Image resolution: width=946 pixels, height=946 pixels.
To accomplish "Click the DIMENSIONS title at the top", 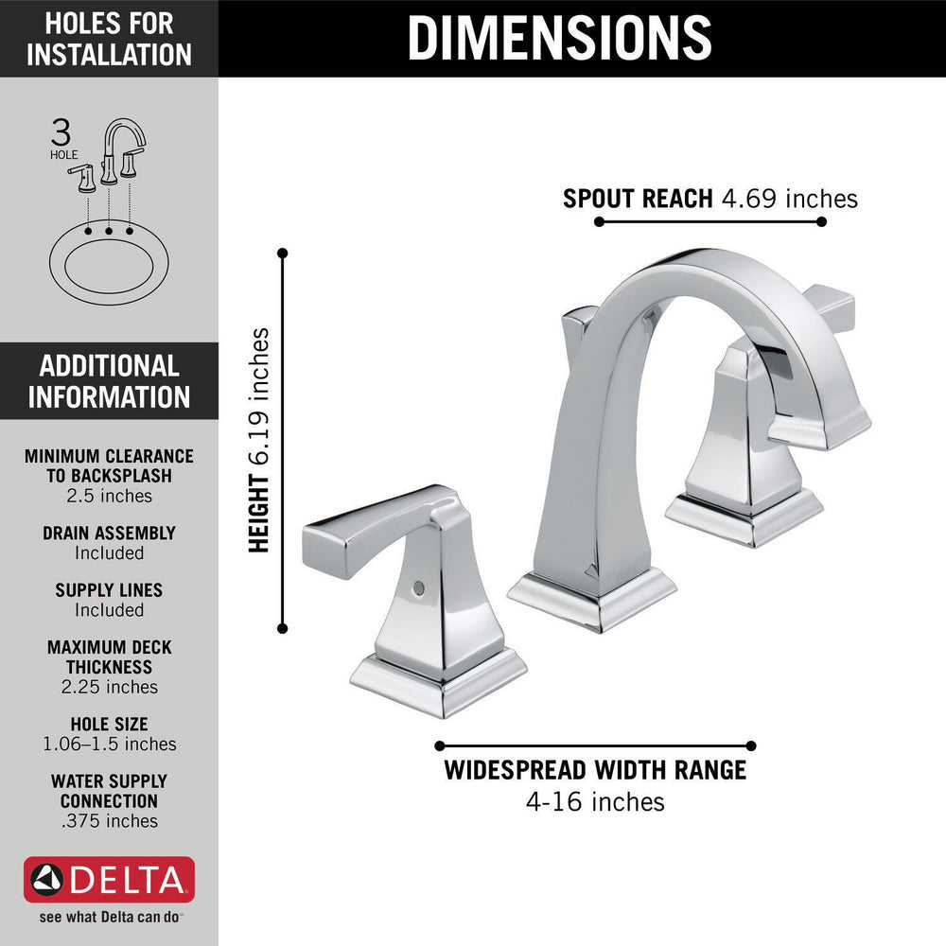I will (x=559, y=38).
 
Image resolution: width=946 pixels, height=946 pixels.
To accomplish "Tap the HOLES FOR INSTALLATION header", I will (x=109, y=39).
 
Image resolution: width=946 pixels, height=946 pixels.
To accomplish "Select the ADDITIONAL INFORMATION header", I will (x=109, y=381).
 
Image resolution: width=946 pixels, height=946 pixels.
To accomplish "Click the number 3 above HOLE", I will (x=61, y=131).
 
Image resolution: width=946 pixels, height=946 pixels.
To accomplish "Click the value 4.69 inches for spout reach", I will (x=789, y=199).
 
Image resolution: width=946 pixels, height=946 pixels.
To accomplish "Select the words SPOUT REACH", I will (x=638, y=199).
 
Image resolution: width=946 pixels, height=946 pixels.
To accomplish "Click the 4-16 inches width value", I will (x=595, y=802).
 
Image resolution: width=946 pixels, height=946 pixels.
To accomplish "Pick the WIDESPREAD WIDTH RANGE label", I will (x=595, y=770).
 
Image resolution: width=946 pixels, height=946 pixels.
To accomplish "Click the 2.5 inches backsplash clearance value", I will (x=109, y=496).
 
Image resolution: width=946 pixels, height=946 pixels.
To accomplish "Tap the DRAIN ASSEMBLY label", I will (x=109, y=534).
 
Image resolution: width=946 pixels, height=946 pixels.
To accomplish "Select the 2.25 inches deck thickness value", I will (x=109, y=687).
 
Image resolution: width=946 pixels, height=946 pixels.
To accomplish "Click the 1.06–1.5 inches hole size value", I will (x=109, y=744).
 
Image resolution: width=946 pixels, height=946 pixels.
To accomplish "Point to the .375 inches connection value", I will (x=109, y=821).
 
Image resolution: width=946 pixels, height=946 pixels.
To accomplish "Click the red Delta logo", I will (x=109, y=880).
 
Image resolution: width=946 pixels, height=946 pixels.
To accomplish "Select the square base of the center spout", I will (x=592, y=600).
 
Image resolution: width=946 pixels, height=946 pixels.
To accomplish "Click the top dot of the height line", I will (x=282, y=253).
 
